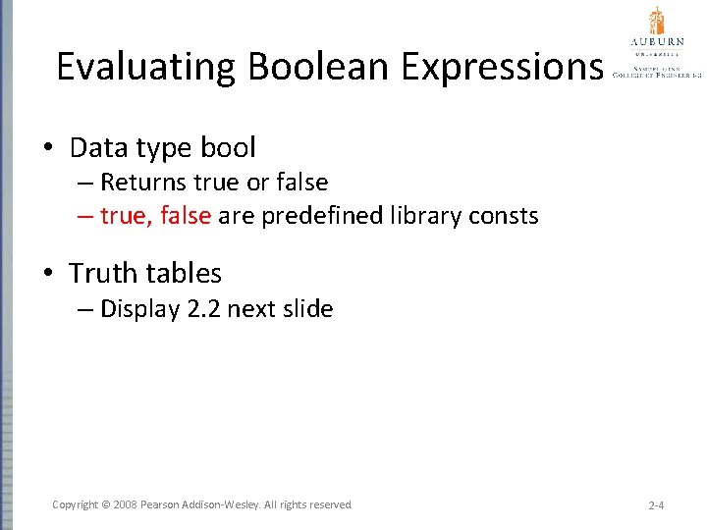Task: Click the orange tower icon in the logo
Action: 656,21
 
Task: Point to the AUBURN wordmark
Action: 656,42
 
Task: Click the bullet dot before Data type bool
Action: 48,149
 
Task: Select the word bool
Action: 228,148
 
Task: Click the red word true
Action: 124,216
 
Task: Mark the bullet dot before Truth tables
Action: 48,274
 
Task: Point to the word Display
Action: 139,309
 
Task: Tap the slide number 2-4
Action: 657,504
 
